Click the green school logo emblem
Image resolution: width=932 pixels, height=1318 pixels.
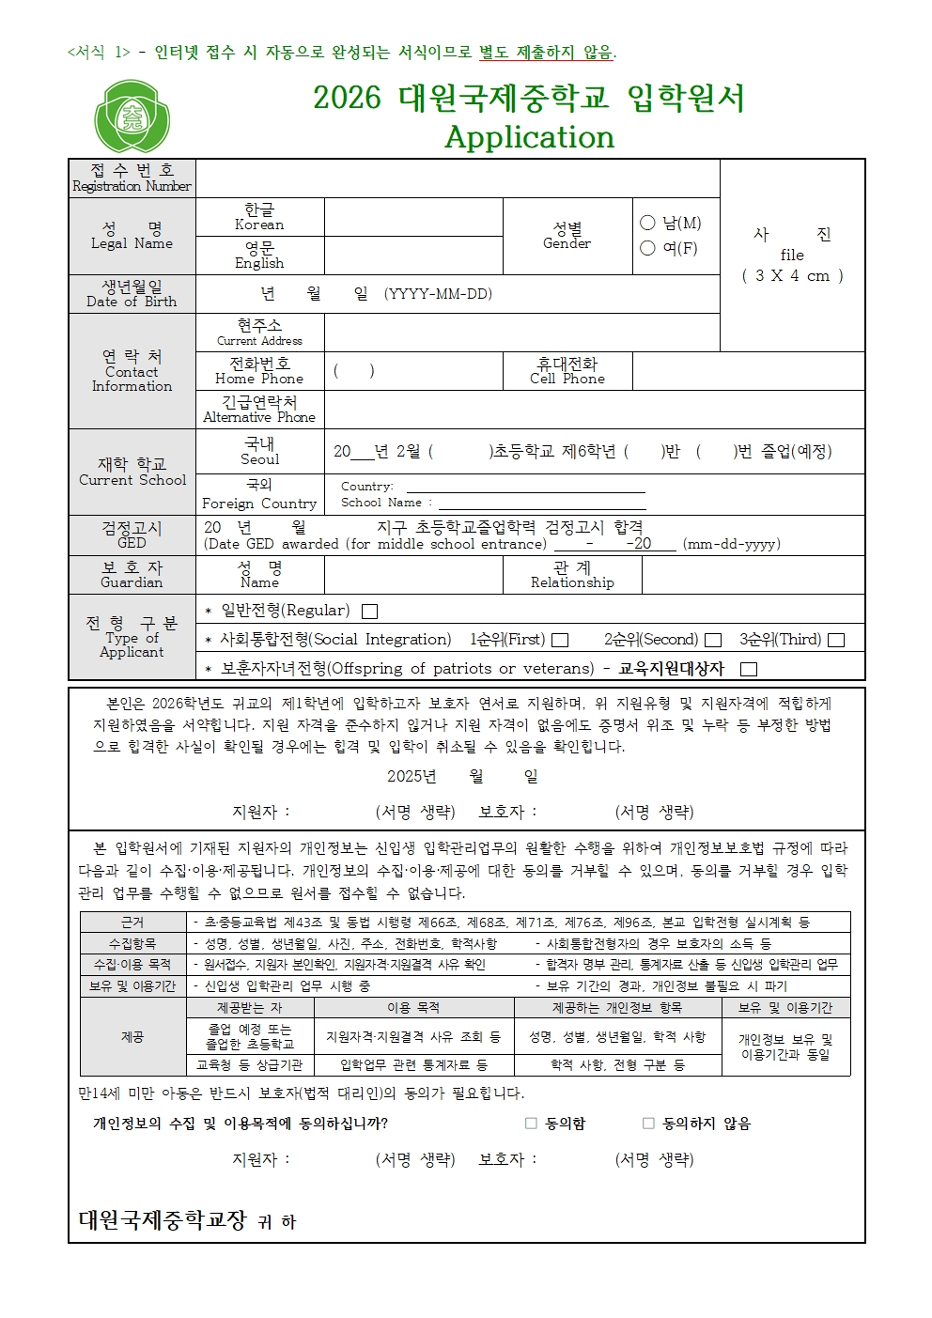click(132, 116)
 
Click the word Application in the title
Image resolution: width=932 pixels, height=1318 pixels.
click(529, 137)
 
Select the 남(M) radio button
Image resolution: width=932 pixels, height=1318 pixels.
click(647, 223)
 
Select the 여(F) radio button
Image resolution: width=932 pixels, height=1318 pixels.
click(647, 248)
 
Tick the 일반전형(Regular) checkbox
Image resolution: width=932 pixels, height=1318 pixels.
click(370, 612)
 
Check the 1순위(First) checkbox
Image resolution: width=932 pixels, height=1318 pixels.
click(560, 641)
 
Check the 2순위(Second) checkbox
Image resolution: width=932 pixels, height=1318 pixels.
click(713, 641)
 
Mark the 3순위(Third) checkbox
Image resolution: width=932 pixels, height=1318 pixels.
click(836, 641)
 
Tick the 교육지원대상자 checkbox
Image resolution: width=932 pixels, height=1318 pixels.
click(749, 670)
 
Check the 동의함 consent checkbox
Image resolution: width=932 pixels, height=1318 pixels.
click(531, 1124)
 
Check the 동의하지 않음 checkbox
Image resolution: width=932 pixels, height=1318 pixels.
click(648, 1124)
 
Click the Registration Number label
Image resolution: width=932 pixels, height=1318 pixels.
click(132, 178)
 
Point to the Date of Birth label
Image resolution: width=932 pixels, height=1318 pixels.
click(132, 294)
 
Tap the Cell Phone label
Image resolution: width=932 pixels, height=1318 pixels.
click(567, 371)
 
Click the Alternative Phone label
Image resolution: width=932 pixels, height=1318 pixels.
click(259, 410)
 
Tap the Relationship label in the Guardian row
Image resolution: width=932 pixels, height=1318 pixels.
click(572, 575)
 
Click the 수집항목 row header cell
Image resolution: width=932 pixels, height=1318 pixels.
click(132, 943)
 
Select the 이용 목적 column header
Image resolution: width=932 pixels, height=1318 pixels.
click(413, 1008)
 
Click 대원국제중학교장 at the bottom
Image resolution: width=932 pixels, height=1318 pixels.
click(162, 1220)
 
